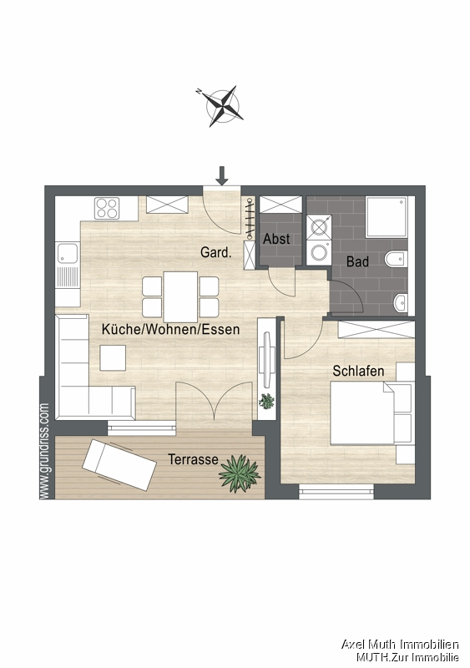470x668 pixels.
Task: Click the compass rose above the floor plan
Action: pos(220,105)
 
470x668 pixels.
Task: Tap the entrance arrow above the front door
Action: pos(221,175)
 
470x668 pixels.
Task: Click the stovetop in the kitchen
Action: pos(108,206)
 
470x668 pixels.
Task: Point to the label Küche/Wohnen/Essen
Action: pos(170,330)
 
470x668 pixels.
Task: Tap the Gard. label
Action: pos(215,251)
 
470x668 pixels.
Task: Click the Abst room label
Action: pos(276,239)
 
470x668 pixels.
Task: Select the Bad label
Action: pos(358,261)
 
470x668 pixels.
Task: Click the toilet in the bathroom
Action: pos(397,258)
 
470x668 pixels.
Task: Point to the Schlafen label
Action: pos(358,371)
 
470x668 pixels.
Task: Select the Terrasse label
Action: pos(193,459)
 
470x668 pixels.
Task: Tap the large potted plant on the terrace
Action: pos(240,473)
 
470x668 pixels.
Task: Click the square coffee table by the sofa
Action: pos(114,357)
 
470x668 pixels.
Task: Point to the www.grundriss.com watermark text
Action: pos(44,451)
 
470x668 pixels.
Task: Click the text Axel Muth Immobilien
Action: pos(400,644)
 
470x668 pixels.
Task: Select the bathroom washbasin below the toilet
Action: pos(402,301)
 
